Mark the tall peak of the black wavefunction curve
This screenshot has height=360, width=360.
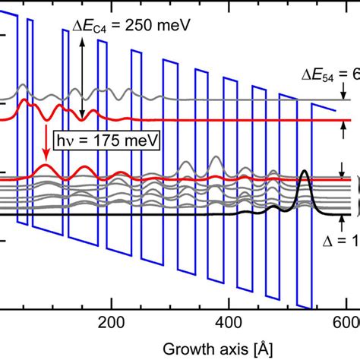click(x=305, y=172)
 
